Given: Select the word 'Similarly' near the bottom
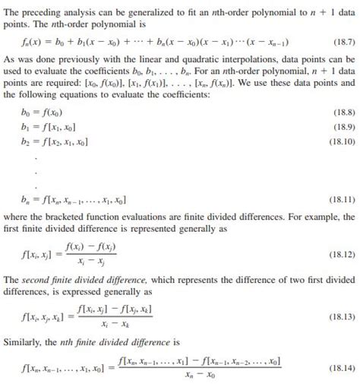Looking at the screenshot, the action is [x=33, y=341].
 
